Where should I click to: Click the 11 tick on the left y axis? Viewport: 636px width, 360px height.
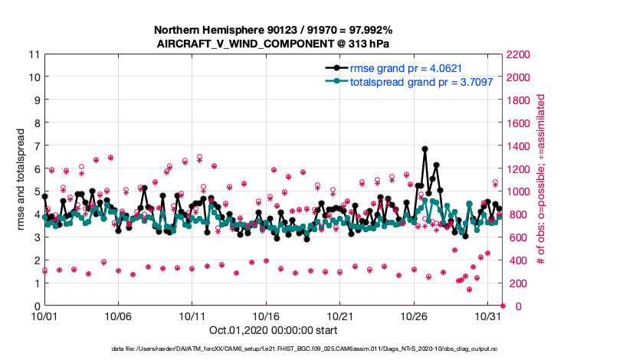[x=34, y=54]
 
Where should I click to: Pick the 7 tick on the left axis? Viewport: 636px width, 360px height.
[x=36, y=146]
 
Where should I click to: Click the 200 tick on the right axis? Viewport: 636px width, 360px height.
[x=515, y=283]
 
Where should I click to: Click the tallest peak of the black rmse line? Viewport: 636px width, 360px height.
[x=425, y=149]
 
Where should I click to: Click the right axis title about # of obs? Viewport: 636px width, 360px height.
[x=541, y=180]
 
